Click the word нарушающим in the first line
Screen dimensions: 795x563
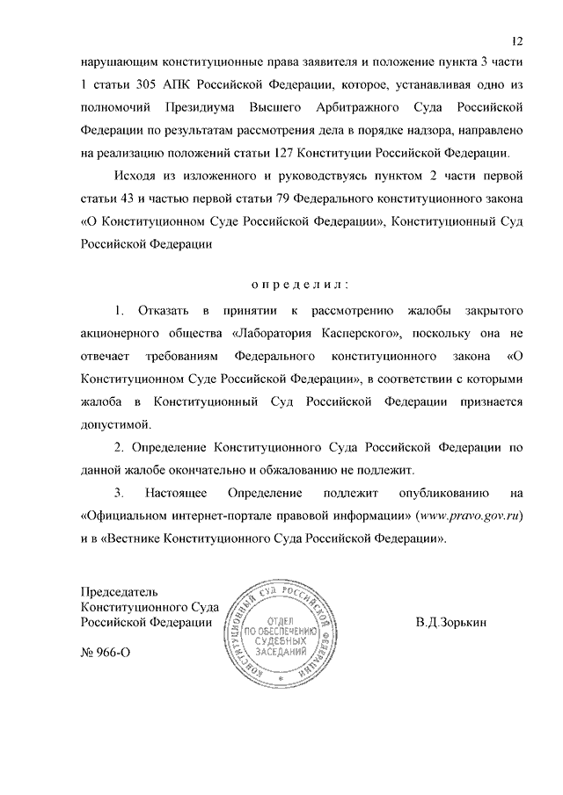tap(117, 63)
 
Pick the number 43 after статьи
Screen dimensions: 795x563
tap(126, 197)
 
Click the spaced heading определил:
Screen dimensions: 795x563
tap(300, 284)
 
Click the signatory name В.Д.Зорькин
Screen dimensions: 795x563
tap(450, 622)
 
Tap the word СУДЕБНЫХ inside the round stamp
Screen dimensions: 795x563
tap(279, 640)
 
